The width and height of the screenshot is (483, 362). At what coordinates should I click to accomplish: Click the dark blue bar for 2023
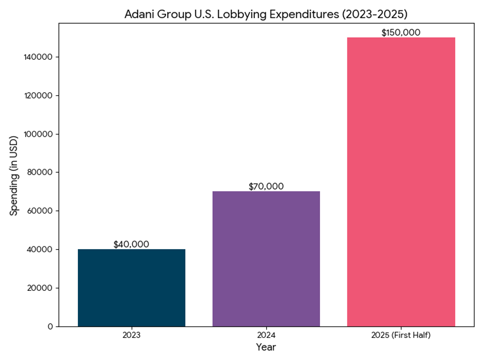(x=132, y=288)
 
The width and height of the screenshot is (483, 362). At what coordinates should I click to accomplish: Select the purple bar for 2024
(x=266, y=259)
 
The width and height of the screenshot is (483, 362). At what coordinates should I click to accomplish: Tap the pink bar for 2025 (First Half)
(x=401, y=182)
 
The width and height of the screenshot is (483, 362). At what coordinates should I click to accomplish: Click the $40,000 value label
(x=131, y=244)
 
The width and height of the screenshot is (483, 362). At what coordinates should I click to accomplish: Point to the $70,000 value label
(x=266, y=187)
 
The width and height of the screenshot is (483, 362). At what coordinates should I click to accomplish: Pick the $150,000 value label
(x=401, y=32)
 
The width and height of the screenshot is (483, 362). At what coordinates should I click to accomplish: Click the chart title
(x=266, y=14)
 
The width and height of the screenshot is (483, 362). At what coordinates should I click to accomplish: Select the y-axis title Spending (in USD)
(x=14, y=175)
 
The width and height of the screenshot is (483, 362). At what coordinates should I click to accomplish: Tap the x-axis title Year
(x=266, y=347)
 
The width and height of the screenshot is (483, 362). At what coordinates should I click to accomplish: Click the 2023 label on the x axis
(x=131, y=335)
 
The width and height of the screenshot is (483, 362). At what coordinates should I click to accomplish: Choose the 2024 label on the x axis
(x=266, y=335)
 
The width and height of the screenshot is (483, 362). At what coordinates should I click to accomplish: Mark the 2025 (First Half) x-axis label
(x=401, y=335)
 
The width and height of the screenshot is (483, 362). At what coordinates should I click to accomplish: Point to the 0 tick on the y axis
(x=50, y=326)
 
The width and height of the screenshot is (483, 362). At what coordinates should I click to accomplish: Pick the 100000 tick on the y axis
(x=39, y=134)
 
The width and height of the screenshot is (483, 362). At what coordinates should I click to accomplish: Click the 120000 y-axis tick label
(x=39, y=95)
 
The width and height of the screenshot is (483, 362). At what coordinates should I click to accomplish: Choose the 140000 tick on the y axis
(x=39, y=57)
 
